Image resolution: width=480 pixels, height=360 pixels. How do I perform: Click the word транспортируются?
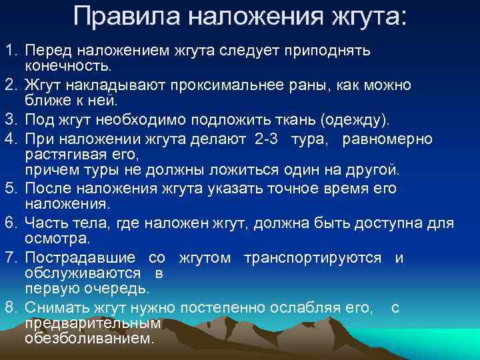(313, 257)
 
